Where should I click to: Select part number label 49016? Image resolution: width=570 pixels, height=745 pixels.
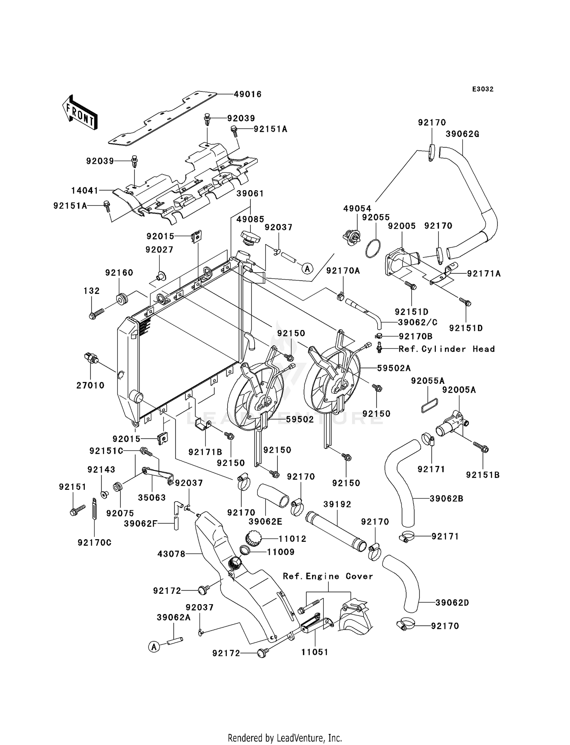coord(247,94)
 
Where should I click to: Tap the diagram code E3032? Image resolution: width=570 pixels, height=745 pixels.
coord(483,89)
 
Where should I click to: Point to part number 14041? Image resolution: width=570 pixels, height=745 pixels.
coord(85,190)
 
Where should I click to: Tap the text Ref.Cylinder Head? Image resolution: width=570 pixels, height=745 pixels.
coord(446,349)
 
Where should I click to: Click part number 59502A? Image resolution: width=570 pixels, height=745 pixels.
coord(394,368)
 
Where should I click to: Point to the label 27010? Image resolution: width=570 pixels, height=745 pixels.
coord(90,385)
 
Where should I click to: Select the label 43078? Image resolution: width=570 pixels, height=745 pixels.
coord(171,554)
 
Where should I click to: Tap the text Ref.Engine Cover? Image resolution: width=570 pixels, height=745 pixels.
coord(328,576)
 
